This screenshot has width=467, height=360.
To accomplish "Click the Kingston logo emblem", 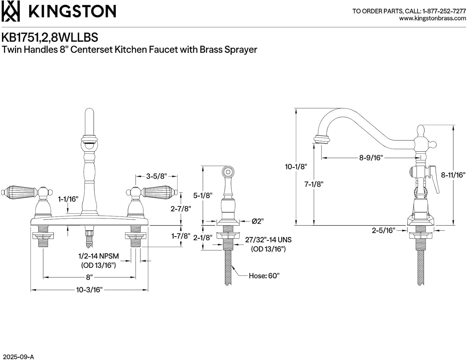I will pyautogui.click(x=11, y=11).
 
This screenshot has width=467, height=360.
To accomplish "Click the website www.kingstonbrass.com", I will pyautogui.click(x=432, y=19).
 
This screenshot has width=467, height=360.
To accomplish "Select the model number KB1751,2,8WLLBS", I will pyautogui.click(x=50, y=37).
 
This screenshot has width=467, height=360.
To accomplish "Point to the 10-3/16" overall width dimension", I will pyautogui.click(x=89, y=290).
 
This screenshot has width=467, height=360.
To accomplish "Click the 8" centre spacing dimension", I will pyautogui.click(x=89, y=277).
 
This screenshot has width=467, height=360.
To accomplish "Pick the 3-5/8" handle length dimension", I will pyautogui.click(x=156, y=176).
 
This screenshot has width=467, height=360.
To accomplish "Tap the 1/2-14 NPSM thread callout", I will pyautogui.click(x=98, y=256).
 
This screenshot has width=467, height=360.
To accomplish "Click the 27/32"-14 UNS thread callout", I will pyautogui.click(x=268, y=240).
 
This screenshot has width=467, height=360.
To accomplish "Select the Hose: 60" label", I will pyautogui.click(x=264, y=276).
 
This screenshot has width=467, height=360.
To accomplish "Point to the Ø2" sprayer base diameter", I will pyautogui.click(x=257, y=221).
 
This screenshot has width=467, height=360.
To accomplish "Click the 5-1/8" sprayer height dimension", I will pyautogui.click(x=203, y=196).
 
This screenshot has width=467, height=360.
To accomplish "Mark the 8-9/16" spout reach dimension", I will pyautogui.click(x=370, y=158).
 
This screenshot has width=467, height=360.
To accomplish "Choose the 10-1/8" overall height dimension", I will pyautogui.click(x=296, y=167).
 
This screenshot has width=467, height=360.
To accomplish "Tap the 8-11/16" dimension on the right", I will pyautogui.click(x=453, y=175).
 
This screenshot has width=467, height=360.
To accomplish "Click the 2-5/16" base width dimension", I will pyautogui.click(x=383, y=230).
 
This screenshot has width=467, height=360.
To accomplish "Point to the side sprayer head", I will pyautogui.click(x=228, y=172).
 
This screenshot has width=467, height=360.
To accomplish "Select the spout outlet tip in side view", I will pyautogui.click(x=321, y=139).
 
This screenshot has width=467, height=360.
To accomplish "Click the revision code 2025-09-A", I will pyautogui.click(x=18, y=357).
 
